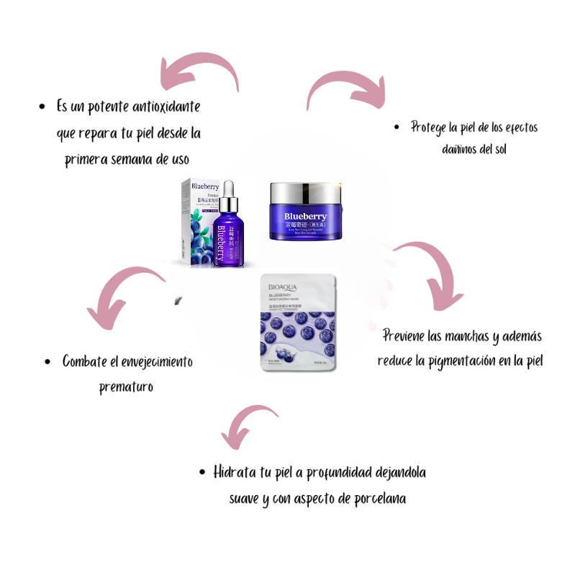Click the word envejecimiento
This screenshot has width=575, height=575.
[151, 361]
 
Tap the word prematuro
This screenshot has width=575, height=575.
[127, 387]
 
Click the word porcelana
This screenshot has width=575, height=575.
[375, 498]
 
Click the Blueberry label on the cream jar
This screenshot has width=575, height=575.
[305, 216]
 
